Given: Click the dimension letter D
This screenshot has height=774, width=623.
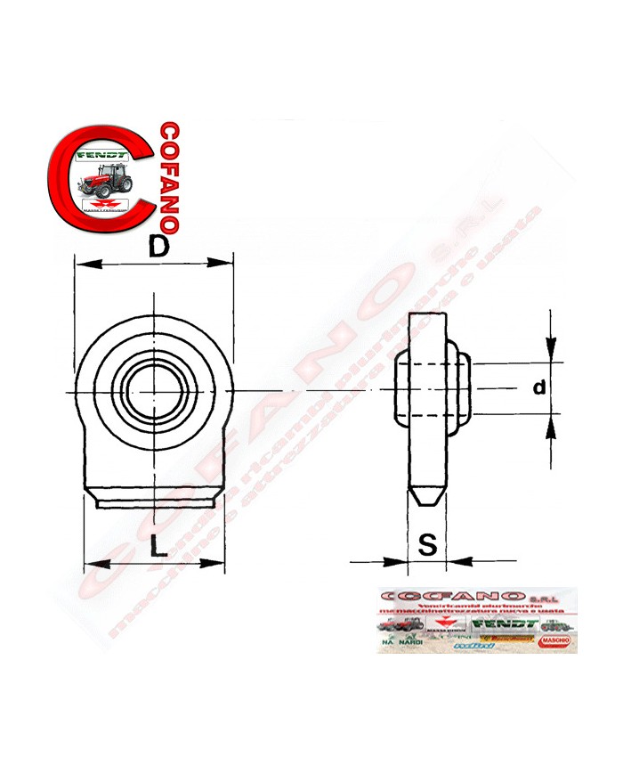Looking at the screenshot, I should [158, 249].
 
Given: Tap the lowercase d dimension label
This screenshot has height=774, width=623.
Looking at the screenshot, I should [538, 387].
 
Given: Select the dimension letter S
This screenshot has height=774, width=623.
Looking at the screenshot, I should [428, 545].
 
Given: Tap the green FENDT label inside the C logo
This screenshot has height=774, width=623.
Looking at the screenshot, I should [104, 154].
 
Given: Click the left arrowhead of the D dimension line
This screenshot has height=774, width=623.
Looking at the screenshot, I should [83, 263].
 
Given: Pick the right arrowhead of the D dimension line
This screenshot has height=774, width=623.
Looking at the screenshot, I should [226, 263].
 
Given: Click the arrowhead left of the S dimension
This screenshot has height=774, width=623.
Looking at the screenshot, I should [399, 561].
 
